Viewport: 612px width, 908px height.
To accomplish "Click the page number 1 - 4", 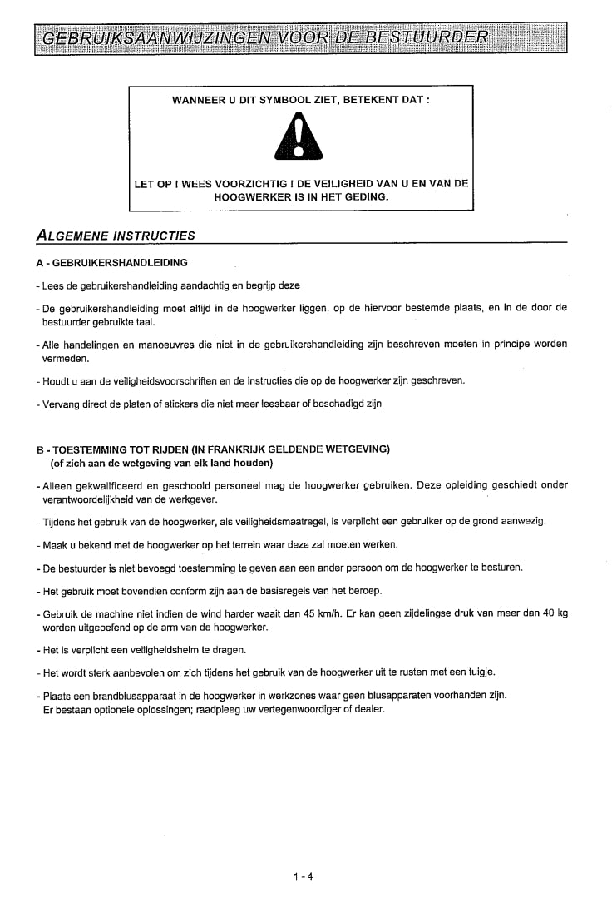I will (x=302, y=876).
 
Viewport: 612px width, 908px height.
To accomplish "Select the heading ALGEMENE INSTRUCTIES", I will (x=116, y=235).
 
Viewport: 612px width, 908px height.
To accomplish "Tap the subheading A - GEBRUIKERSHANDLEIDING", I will (x=112, y=262).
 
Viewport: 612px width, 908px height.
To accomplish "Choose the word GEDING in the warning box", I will (x=368, y=197).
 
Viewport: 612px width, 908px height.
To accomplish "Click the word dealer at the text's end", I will (x=370, y=709).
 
